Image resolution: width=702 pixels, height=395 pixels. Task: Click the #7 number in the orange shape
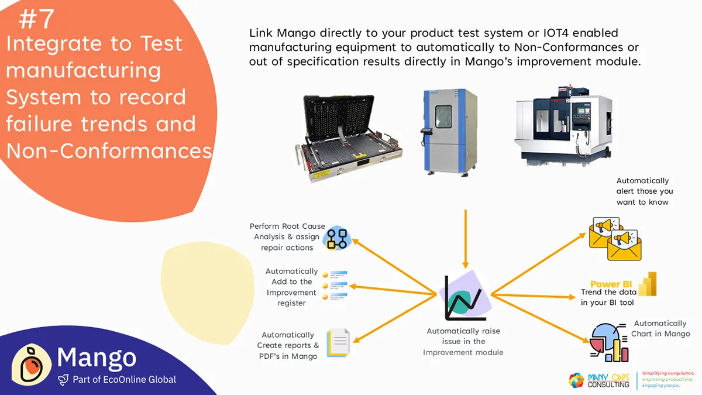36,19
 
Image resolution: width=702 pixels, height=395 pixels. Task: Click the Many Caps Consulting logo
599,380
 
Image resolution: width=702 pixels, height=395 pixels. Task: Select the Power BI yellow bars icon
648,284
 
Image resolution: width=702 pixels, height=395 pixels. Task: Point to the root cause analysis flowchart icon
338,237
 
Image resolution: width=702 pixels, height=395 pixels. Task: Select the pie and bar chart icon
609,342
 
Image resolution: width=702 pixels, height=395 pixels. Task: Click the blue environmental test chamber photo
446,129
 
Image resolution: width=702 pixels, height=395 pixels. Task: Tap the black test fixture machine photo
352,135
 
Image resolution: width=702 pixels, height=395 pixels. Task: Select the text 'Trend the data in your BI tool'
607,297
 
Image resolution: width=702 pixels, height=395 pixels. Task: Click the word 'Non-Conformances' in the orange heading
109,151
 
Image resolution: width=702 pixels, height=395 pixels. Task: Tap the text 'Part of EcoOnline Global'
124,380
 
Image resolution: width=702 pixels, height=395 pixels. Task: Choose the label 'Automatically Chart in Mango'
660,328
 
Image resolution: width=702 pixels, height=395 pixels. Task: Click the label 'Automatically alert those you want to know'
644,191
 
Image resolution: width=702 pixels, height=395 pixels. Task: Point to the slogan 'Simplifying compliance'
667,373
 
